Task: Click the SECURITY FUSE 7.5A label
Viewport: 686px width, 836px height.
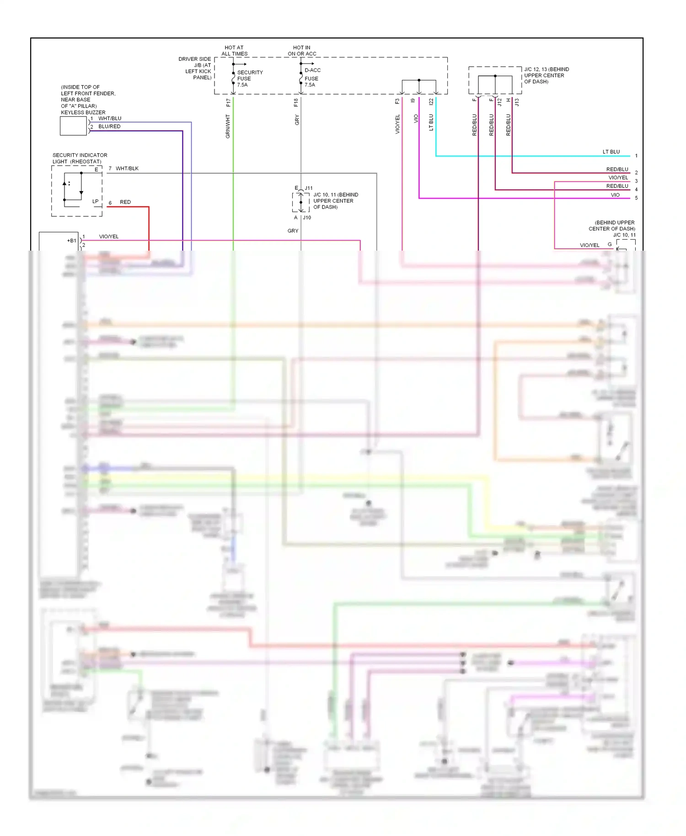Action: coord(249,78)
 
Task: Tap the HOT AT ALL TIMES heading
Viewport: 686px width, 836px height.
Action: coord(234,50)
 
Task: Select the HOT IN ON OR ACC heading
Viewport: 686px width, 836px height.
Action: coord(302,50)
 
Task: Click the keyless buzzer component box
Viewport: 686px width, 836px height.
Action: coord(73,126)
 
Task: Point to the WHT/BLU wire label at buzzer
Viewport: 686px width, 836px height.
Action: coord(110,118)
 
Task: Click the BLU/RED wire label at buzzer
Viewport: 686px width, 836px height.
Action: coord(109,127)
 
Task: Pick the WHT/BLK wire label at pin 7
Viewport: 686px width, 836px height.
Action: coord(127,169)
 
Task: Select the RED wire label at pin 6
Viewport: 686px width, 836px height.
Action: coord(125,202)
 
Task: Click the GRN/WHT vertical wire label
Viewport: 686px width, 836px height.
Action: coord(228,126)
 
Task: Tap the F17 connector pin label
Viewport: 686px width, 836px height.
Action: coord(228,102)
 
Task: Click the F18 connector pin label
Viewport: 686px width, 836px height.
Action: coord(296,102)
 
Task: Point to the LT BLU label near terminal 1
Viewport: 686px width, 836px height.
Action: coord(611,152)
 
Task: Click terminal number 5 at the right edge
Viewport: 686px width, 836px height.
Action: coord(636,198)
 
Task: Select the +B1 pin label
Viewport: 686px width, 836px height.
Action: coord(71,241)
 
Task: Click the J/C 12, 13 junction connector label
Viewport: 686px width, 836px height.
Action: coord(546,75)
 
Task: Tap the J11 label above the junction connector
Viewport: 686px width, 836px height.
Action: coord(309,188)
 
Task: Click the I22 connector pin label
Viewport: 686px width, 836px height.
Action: coord(431,102)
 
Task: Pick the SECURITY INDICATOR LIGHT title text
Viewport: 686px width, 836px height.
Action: coord(80,158)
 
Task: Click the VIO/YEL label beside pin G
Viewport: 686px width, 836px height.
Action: coord(590,245)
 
